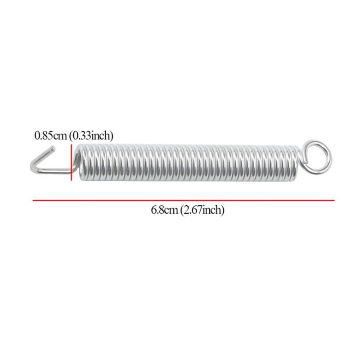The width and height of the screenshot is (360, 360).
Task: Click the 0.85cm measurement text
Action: coord(51,135)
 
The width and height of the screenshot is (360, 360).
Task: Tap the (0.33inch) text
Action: coord(91,135)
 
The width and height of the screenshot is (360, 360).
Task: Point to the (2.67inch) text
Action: coord(202,210)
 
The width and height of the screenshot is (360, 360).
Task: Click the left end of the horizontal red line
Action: coord(33,200)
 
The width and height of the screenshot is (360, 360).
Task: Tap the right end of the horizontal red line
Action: coord(334,200)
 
